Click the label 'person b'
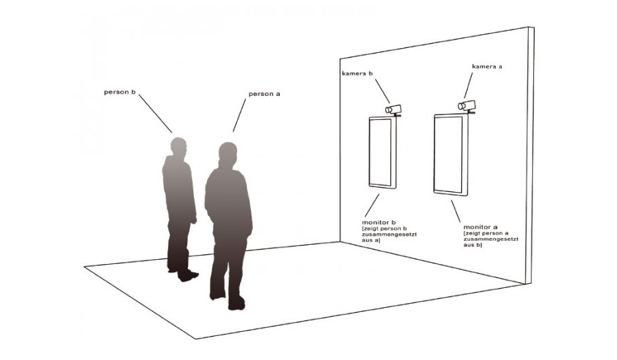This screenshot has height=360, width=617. pos(120,92)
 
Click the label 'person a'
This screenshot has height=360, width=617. pos(264,94)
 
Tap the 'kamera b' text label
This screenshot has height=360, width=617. pos(357,73)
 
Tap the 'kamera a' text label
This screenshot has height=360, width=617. pos(487,67)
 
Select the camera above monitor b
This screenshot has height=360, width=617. pos(394,110)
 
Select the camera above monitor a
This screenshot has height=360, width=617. pos(467,106)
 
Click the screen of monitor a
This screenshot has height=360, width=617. pos(448,154)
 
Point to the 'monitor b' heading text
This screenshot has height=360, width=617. pos(378,223)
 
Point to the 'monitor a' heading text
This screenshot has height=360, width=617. pos(480,227)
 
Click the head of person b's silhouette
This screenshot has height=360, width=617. pos(178,146)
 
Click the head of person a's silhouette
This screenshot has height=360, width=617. pos(228,153)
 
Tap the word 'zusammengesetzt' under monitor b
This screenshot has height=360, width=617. pos(389,235)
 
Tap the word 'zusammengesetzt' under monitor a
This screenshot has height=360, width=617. pos(491,239)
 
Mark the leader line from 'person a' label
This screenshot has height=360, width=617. pos(239,115)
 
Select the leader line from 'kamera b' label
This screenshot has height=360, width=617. pos(383,91)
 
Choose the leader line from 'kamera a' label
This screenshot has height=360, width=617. pos(468,86)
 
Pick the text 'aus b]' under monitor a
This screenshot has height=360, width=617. pos(472,245)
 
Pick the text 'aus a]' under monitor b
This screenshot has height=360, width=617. pos(371,240)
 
